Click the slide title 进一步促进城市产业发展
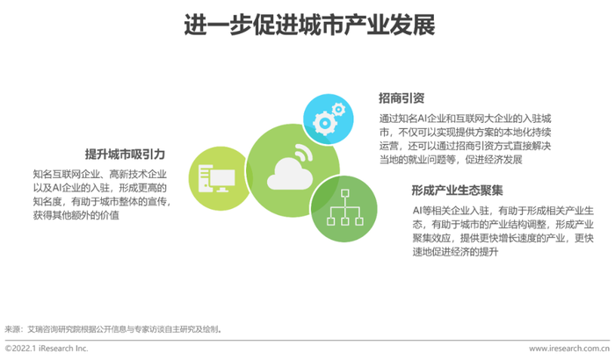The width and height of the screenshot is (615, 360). [309, 25]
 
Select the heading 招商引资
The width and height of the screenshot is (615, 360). [402, 98]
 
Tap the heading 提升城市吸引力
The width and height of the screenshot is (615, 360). [125, 155]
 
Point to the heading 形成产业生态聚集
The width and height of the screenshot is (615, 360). [457, 191]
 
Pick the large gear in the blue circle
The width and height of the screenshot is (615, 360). [325, 123]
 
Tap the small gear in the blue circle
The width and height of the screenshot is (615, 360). [338, 109]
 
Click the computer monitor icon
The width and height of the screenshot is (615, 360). [222, 180]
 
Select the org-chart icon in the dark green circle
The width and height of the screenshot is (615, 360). [344, 207]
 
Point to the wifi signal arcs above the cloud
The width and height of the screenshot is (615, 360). [304, 151]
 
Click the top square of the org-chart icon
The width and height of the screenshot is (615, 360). [344, 193]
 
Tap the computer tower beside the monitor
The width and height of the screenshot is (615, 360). [204, 178]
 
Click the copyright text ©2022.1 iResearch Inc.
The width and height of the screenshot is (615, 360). [47, 349]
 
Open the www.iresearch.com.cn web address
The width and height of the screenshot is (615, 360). [569, 349]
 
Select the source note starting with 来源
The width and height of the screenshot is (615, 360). [113, 329]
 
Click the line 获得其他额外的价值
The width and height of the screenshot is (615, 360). [76, 215]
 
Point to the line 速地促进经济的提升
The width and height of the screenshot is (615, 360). [455, 252]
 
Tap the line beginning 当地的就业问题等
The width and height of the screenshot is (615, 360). [451, 160]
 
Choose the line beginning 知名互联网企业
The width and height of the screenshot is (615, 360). [100, 174]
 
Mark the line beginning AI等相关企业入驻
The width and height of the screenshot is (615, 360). [503, 211]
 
